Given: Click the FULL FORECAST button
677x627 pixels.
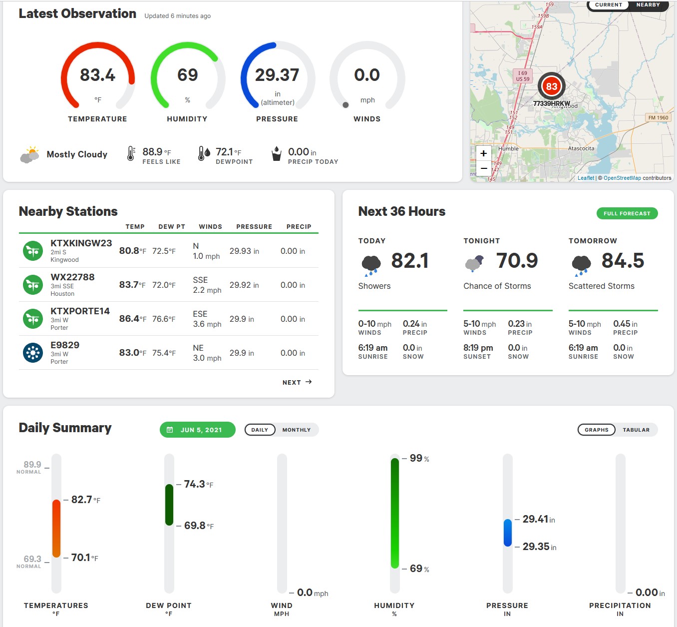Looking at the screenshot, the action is (627, 213).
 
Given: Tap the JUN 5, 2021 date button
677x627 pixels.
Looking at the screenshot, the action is (197, 430).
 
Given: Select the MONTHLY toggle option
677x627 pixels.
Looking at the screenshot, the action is (296, 430).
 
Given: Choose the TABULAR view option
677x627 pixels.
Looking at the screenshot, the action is (636, 430).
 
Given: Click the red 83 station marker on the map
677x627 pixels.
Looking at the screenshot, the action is (552, 86).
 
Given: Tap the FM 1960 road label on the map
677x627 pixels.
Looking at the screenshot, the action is (658, 117).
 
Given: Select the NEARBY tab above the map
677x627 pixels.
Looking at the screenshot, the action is (648, 5).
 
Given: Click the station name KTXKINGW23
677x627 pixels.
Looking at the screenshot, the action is (81, 243).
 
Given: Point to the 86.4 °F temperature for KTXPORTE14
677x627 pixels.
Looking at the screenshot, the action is (133, 319).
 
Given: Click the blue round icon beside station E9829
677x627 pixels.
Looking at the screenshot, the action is (33, 352).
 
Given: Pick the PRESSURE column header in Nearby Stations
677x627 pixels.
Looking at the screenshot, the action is (254, 226).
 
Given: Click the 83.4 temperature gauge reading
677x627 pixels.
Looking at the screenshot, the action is (97, 75).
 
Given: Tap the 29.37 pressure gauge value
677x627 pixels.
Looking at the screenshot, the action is (277, 75).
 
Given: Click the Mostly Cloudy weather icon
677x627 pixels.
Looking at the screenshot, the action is (29, 154).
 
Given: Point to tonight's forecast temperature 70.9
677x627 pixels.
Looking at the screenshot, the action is (517, 260).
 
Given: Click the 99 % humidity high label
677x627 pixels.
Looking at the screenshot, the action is (419, 458).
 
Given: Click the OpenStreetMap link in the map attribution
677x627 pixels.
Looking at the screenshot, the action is (622, 178).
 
